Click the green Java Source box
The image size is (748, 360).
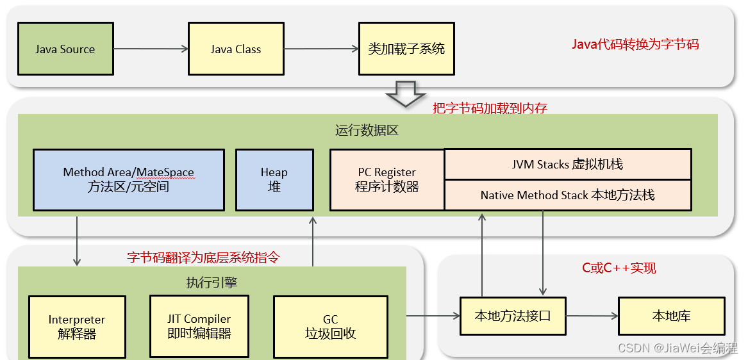tap(65, 49)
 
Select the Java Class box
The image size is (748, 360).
tap(236, 49)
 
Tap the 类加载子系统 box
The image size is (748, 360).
tap(406, 49)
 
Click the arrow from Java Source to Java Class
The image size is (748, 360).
tap(151, 49)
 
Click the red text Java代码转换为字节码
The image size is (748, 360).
tap(635, 44)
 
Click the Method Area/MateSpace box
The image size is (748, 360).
tap(129, 180)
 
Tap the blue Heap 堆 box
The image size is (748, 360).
tap(274, 180)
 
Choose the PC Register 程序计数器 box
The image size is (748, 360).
tap(387, 180)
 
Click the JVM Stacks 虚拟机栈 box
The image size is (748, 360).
tap(568, 165)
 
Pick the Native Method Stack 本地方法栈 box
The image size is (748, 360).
tap(568, 195)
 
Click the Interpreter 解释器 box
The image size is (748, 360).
tap(77, 327)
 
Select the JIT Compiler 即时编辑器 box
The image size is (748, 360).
tap(199, 326)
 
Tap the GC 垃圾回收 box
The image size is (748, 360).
tap(331, 327)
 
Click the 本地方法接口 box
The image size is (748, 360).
tap(513, 316)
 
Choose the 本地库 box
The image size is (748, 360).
tap(672, 316)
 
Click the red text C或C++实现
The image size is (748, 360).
tap(619, 268)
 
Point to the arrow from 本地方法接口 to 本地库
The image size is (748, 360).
tap(592, 316)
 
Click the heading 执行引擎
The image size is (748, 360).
tap(212, 282)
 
